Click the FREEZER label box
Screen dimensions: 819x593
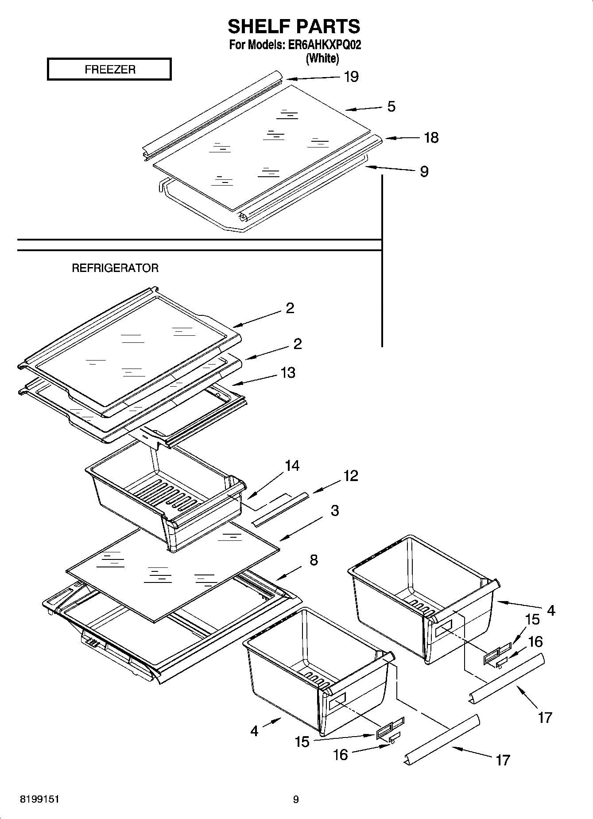109,70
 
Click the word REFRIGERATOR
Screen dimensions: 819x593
115,268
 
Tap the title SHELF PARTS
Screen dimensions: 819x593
294,27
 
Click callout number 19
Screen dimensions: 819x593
351,77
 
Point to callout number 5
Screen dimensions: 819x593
391,106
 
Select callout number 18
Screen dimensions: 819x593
431,138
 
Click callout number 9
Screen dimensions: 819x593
424,171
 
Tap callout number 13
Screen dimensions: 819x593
288,373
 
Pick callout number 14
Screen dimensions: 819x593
292,466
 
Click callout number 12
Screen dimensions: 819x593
351,476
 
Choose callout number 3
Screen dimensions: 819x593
335,511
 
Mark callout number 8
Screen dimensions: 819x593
314,560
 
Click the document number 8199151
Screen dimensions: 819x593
40,800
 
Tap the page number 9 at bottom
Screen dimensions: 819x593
296,800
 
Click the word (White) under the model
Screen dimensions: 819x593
322,58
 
